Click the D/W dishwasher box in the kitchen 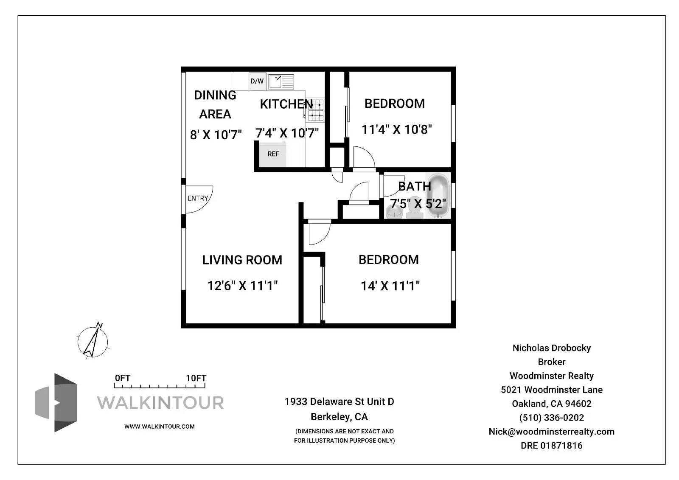(x=257, y=81)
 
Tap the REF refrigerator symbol (x=273, y=154)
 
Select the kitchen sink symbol (x=281, y=81)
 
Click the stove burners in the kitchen (x=316, y=110)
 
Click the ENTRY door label (x=198, y=198)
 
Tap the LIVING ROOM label (x=242, y=260)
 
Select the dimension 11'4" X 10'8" (x=396, y=129)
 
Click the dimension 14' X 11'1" (x=390, y=286)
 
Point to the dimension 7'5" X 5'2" (x=418, y=204)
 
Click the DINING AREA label (x=215, y=104)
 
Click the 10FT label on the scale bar (x=196, y=378)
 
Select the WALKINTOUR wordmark (x=160, y=403)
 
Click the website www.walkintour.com (x=159, y=427)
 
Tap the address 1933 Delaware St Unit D (x=339, y=401)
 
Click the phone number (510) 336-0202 (x=551, y=418)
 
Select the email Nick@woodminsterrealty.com (x=551, y=432)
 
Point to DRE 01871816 (x=551, y=446)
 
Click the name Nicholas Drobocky (x=551, y=348)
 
